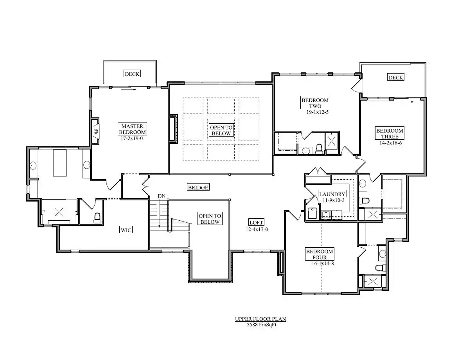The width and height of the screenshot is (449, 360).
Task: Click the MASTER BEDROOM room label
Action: (x=132, y=129)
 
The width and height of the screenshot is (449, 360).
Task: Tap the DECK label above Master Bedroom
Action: (x=132, y=74)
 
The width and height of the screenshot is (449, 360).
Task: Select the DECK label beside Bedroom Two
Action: (x=396, y=77)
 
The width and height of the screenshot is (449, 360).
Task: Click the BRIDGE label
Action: (x=198, y=187)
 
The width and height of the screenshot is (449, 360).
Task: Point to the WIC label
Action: (x=126, y=230)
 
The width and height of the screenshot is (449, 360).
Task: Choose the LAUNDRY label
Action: (x=332, y=194)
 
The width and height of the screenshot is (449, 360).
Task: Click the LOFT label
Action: (x=256, y=223)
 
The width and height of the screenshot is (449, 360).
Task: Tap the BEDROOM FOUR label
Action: (x=320, y=254)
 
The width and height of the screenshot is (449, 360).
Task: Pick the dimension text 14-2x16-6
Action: (x=391, y=143)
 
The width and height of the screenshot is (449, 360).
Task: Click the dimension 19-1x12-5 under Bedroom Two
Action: (x=317, y=112)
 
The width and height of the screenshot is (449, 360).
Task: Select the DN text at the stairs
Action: (x=162, y=196)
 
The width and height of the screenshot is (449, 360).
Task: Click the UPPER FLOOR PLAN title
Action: (x=260, y=319)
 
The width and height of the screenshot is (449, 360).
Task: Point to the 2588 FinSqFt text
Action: (x=261, y=325)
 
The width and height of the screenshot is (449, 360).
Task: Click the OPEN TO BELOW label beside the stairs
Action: (x=210, y=219)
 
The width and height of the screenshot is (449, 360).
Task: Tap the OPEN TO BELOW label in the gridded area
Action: (x=221, y=131)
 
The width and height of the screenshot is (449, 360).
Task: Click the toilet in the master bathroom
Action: (x=97, y=218)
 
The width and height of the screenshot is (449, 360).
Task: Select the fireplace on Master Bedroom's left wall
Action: (x=95, y=131)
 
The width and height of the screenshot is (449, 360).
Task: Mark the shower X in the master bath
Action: (x=59, y=212)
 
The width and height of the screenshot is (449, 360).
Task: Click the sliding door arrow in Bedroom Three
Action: (x=408, y=101)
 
